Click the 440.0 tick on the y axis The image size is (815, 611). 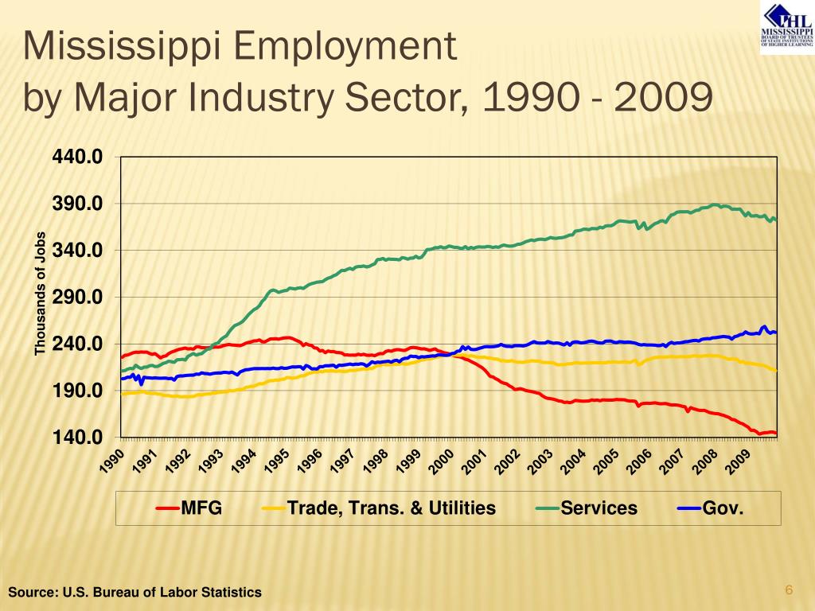point(77,157)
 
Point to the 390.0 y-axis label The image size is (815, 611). point(77,204)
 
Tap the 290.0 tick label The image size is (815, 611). point(77,298)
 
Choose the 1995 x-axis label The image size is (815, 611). point(277,461)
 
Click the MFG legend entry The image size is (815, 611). point(201,508)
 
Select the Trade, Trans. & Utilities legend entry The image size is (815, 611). point(391,508)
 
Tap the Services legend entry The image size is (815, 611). point(599,508)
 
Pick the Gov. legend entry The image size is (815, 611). point(723,508)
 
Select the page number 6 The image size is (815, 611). point(789,590)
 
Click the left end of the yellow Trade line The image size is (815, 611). point(122,394)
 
